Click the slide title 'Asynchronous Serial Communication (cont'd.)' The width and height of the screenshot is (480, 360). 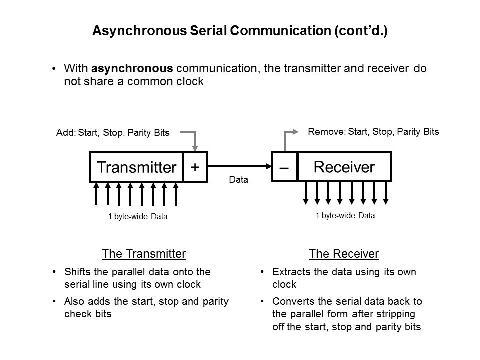pyautogui.click(x=240, y=31)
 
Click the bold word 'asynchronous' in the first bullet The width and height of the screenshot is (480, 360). pyautogui.click(x=132, y=69)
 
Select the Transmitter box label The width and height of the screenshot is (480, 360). pyautogui.click(x=136, y=167)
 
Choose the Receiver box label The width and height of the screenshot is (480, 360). pyautogui.click(x=344, y=167)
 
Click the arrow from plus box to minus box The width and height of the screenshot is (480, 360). pyautogui.click(x=240, y=167)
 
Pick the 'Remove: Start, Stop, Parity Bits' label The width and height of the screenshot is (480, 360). pyautogui.click(x=373, y=132)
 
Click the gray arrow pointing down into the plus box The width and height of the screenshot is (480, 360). pyautogui.click(x=196, y=140)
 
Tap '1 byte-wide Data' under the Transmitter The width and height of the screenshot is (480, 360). pyautogui.click(x=138, y=217)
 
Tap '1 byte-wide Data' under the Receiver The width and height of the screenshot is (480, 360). pyautogui.click(x=345, y=216)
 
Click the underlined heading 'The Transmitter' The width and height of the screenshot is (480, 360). pyautogui.click(x=144, y=254)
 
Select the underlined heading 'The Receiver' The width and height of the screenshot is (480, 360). pyautogui.click(x=344, y=254)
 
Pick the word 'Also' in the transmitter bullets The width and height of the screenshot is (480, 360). pyautogui.click(x=73, y=302)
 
